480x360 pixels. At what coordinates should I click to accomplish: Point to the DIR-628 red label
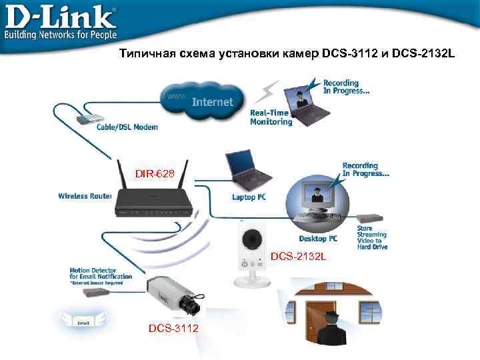point(155,174)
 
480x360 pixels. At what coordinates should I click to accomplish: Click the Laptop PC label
point(249,197)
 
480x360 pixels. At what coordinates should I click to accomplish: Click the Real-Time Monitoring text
point(271,118)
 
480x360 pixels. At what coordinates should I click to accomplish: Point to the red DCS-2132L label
point(298,257)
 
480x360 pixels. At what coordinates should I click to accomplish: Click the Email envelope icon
point(83,320)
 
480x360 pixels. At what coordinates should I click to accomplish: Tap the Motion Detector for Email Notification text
point(101,274)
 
